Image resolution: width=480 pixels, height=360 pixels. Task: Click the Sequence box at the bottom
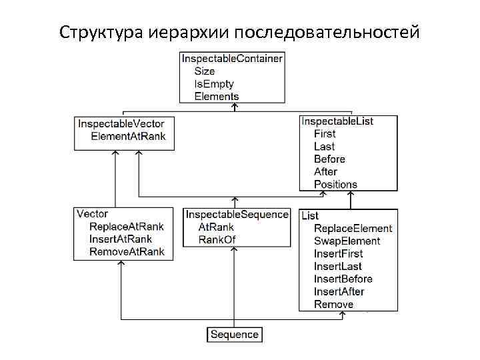coord(234,334)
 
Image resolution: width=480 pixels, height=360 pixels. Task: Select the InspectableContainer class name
coord(232,58)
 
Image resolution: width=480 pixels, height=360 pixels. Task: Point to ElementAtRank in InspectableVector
coord(128,136)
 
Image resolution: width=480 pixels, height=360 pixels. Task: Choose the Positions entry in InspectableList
coord(335,184)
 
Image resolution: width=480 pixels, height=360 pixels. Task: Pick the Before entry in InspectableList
coord(329,159)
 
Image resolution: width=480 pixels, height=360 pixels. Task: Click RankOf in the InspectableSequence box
coord(217,239)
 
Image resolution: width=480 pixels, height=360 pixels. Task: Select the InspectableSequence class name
coord(237,214)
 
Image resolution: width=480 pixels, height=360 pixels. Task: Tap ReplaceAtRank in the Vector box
coord(126,227)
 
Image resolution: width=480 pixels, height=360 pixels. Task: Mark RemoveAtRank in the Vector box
coord(127,252)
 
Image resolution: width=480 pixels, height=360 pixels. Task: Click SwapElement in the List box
coord(347,241)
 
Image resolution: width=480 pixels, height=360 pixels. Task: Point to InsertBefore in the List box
coord(343,279)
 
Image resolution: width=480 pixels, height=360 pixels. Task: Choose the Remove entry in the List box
coord(333,304)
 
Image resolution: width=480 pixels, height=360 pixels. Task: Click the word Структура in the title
coord(99,31)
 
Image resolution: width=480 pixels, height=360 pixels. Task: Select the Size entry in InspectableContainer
coord(204,71)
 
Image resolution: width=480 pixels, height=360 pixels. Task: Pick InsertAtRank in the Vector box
coord(120,239)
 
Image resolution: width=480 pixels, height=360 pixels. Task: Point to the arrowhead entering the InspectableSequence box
coord(234,201)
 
